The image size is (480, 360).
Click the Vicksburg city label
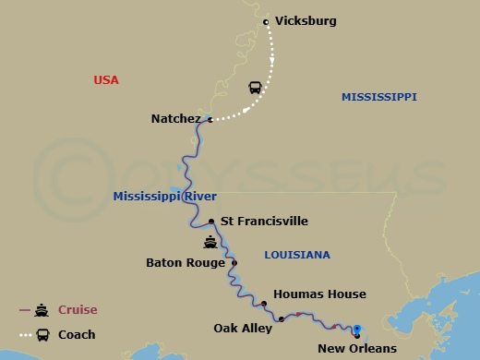click(x=306, y=20)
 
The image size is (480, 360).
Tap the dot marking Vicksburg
click(x=266, y=21)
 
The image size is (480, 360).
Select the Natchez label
click(x=175, y=119)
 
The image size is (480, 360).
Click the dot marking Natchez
click(x=210, y=119)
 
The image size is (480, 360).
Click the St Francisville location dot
click(x=211, y=222)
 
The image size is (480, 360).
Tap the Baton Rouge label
click(x=185, y=262)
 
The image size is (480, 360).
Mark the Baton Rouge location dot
click(x=234, y=263)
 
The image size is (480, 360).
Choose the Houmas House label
click(x=319, y=294)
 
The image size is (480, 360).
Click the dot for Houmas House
click(x=264, y=304)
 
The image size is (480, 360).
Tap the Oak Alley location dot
click(x=281, y=319)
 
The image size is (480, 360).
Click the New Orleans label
click(x=356, y=348)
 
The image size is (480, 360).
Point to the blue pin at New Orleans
click(x=356, y=330)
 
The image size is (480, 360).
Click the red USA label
click(x=106, y=79)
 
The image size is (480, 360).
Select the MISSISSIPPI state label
click(x=378, y=97)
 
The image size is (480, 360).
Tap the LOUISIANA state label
click(x=296, y=255)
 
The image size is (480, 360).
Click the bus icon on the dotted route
click(x=255, y=89)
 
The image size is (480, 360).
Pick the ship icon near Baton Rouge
click(x=211, y=245)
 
